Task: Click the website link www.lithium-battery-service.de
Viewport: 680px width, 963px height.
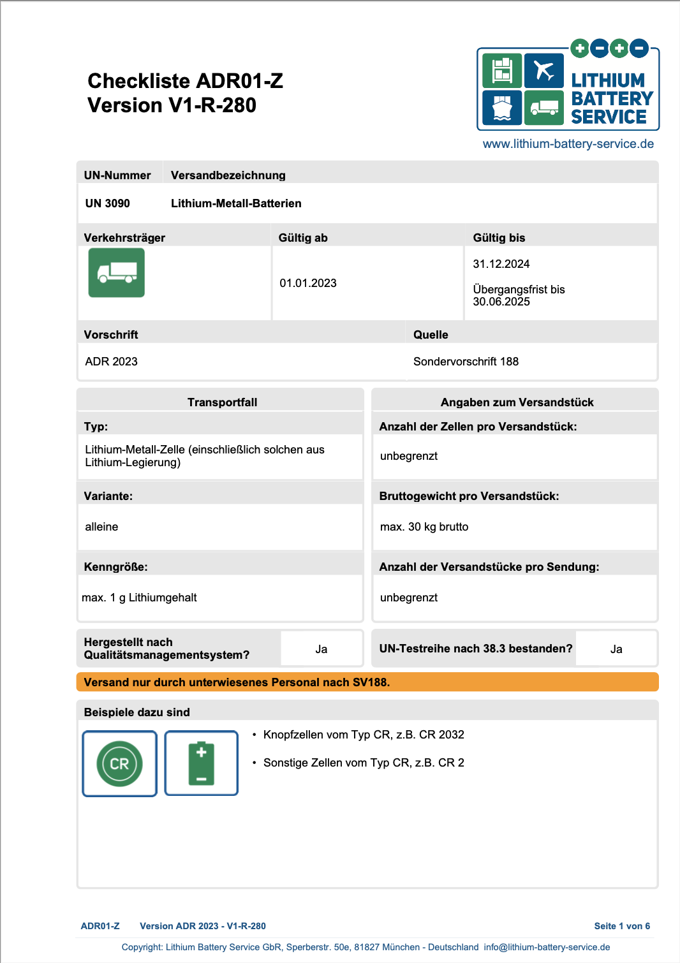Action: point(568,144)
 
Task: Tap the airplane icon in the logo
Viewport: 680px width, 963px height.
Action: point(544,71)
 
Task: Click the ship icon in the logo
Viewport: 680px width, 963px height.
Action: point(502,108)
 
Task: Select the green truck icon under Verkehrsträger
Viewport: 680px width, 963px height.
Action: point(117,273)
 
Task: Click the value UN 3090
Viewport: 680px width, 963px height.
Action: point(108,203)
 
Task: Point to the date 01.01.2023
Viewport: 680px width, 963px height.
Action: point(308,283)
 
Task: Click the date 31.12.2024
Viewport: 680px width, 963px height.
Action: point(501,264)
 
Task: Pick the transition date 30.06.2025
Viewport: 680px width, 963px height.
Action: point(501,302)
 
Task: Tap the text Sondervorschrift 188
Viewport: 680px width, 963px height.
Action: point(466,362)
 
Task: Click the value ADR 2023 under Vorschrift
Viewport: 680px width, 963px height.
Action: point(112,362)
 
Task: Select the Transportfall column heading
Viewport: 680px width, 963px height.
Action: point(222,402)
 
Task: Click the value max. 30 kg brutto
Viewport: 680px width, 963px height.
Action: point(424,527)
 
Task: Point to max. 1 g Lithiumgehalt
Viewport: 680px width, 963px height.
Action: point(140,598)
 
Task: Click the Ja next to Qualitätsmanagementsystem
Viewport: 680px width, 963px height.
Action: point(322,649)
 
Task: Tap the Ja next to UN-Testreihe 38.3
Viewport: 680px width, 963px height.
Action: point(616,649)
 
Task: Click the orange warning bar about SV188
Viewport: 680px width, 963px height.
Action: point(367,682)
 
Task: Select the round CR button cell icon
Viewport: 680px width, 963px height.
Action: point(120,763)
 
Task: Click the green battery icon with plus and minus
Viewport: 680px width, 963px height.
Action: point(202,763)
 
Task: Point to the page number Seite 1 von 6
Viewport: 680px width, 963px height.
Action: point(622,926)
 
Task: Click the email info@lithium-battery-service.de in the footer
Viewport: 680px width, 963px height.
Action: point(547,947)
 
